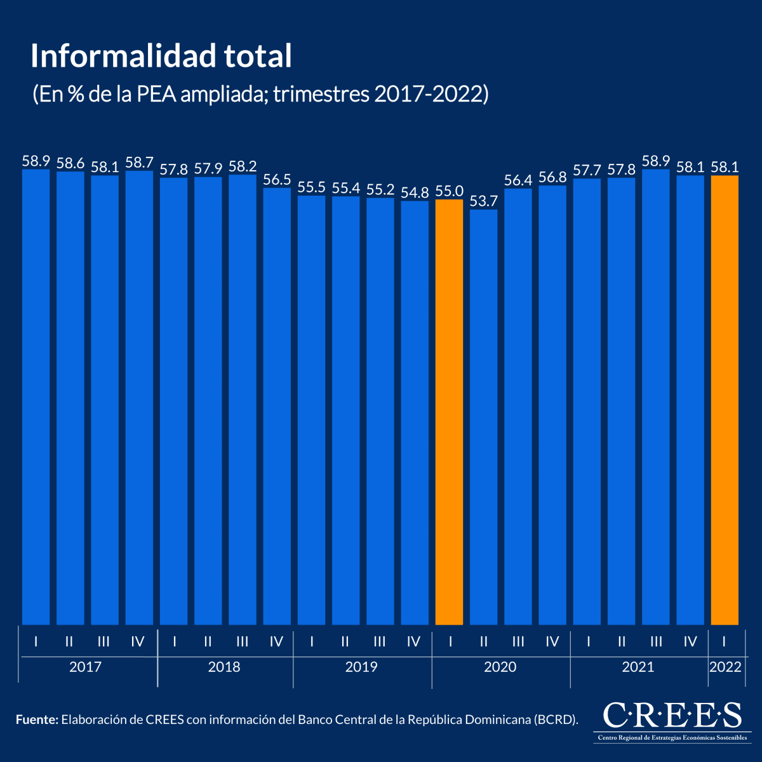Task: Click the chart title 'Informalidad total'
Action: click(161, 57)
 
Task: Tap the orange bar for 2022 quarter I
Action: click(725, 400)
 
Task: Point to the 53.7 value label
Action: click(483, 201)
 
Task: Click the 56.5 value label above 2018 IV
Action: click(277, 180)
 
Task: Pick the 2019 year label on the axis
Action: click(361, 667)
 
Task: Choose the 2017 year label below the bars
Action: click(85, 667)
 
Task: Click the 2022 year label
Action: click(725, 667)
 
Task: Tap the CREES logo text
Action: click(672, 716)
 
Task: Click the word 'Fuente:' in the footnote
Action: click(37, 719)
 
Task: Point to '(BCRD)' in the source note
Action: click(556, 719)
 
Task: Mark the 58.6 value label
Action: click(70, 163)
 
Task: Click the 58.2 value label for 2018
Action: click(243, 166)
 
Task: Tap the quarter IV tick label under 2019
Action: click(414, 642)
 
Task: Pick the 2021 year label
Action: click(638, 667)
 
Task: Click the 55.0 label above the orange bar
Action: click(449, 191)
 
